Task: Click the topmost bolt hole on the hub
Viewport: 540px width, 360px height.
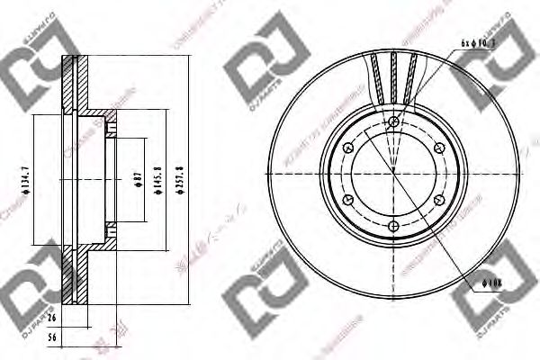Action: [394, 121]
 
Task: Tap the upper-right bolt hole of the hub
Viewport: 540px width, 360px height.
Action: [438, 147]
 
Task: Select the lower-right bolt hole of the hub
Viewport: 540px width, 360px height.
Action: [438, 199]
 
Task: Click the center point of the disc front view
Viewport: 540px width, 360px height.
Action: [394, 173]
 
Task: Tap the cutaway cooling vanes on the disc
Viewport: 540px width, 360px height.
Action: [394, 76]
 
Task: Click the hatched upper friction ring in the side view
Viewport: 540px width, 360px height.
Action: [72, 85]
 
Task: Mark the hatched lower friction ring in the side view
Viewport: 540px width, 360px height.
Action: [72, 274]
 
